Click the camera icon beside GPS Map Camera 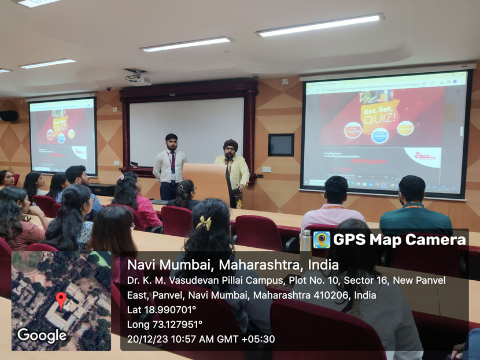point(321,240)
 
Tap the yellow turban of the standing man point(231,144)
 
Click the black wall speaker point(9,116)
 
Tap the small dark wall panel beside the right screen point(281,145)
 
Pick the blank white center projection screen point(186,132)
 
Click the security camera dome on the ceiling point(108,89)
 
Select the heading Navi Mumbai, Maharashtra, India point(232,265)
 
